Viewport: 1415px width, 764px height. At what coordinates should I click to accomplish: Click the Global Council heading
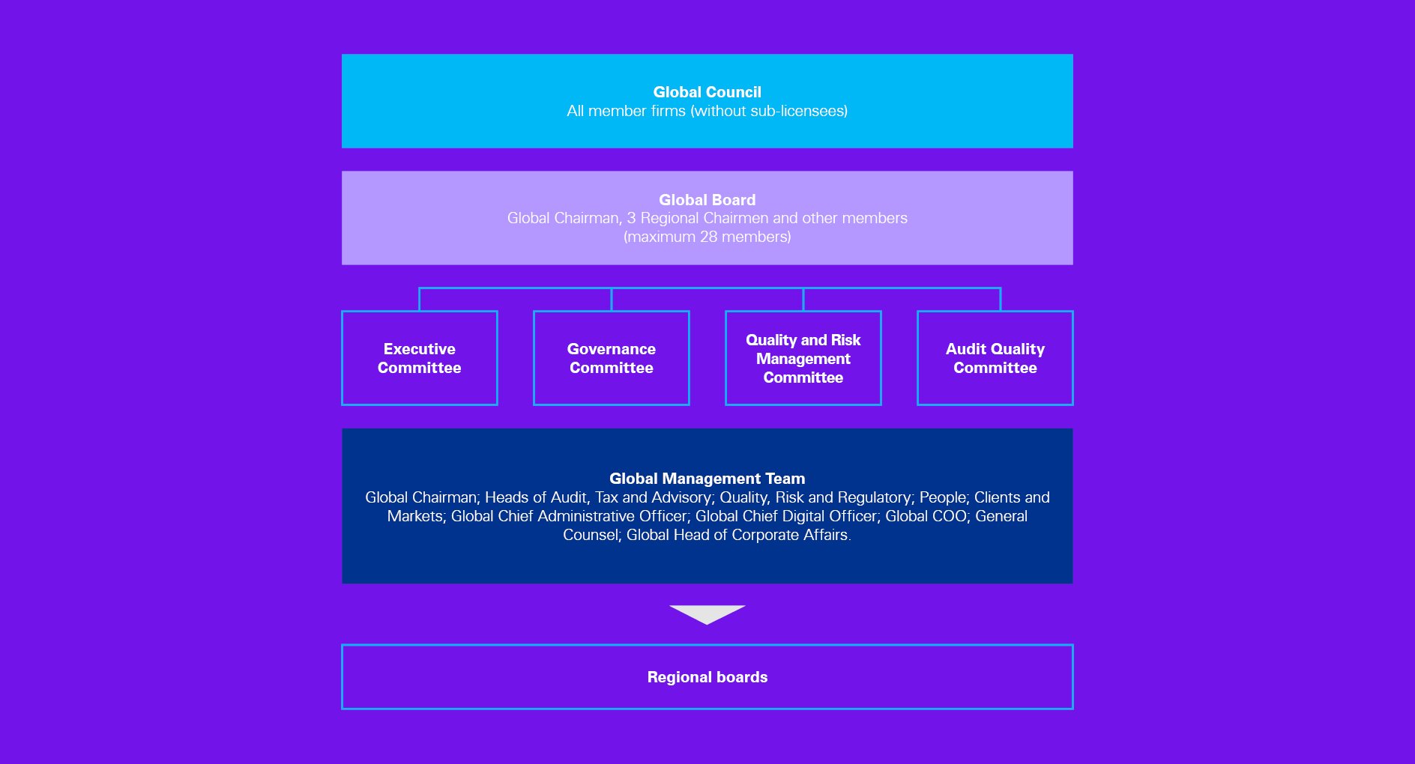click(x=707, y=92)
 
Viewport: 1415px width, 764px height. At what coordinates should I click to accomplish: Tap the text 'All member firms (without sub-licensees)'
click(x=707, y=111)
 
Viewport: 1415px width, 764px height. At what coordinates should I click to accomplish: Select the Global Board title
click(x=707, y=200)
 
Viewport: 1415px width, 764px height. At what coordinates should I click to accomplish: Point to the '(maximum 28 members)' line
click(x=707, y=237)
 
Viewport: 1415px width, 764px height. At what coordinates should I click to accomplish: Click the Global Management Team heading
click(x=707, y=479)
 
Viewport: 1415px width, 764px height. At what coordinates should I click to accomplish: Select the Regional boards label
click(x=707, y=677)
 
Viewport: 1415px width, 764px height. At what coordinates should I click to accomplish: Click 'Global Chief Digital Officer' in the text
click(x=785, y=516)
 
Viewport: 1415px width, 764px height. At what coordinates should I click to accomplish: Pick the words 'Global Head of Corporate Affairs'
click(x=737, y=535)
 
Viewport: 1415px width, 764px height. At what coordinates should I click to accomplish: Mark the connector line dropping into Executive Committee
click(x=420, y=300)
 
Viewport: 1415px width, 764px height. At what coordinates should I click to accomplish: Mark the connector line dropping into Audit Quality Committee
click(x=1001, y=300)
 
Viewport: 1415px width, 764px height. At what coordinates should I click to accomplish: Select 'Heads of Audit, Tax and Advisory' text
click(x=598, y=497)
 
